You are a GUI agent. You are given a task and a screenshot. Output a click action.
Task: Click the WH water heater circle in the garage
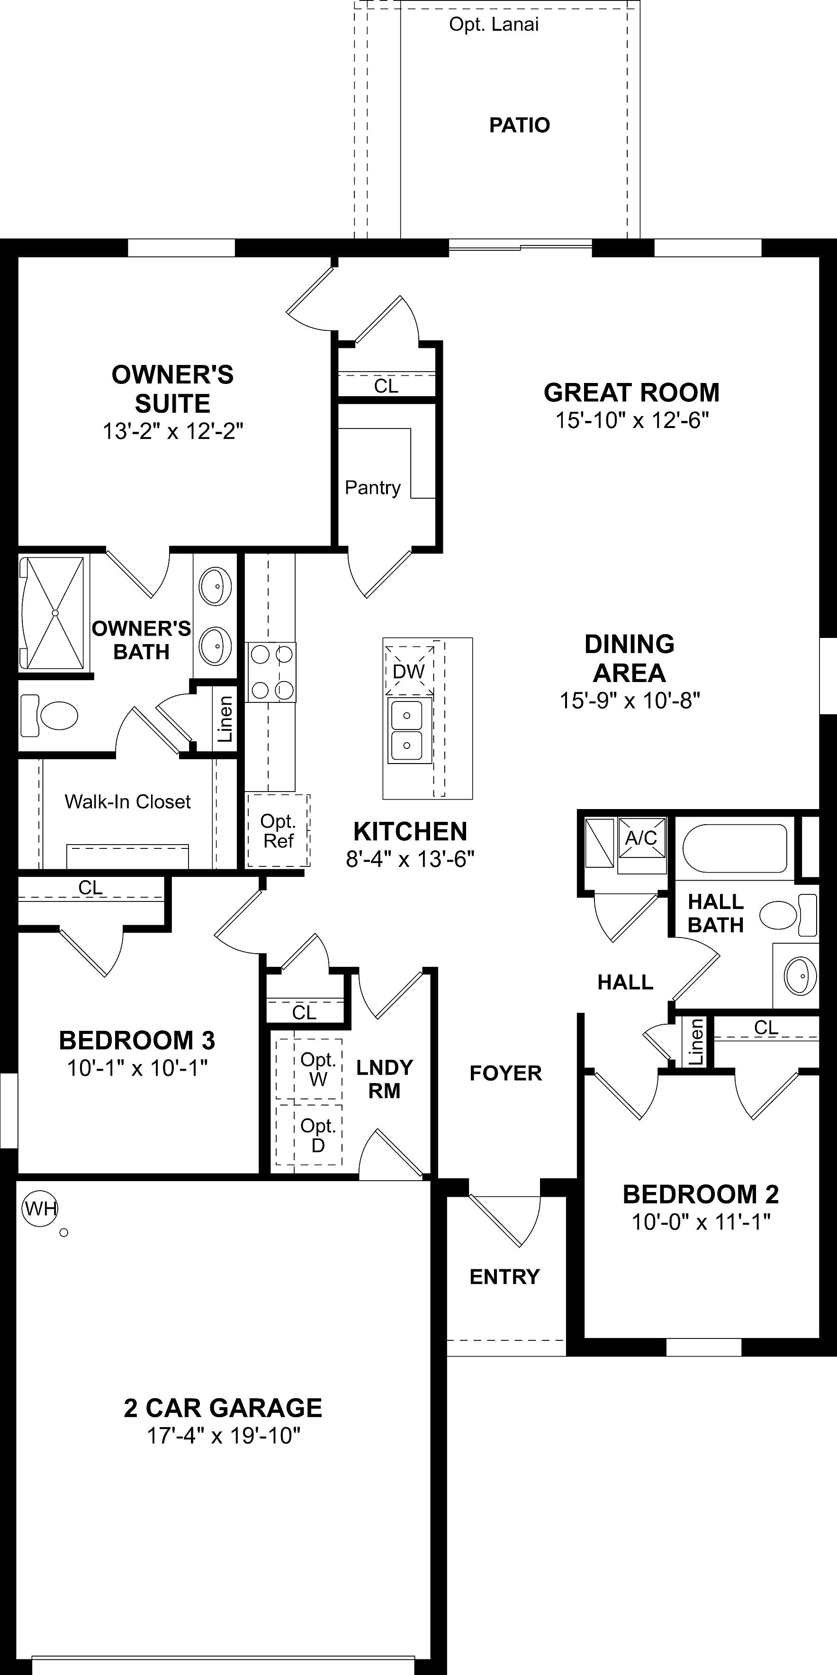40,1209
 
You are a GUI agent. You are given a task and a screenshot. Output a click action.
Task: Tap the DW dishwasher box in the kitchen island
409,670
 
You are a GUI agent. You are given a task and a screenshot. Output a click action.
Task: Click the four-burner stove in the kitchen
270,672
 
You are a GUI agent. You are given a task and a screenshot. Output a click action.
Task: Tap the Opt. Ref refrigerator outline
278,830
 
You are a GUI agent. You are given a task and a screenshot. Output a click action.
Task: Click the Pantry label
372,488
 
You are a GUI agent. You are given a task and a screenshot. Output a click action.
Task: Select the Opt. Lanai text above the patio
494,25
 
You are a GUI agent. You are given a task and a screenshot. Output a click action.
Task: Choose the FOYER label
505,1073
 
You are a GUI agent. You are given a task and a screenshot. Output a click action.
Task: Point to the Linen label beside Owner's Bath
225,719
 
